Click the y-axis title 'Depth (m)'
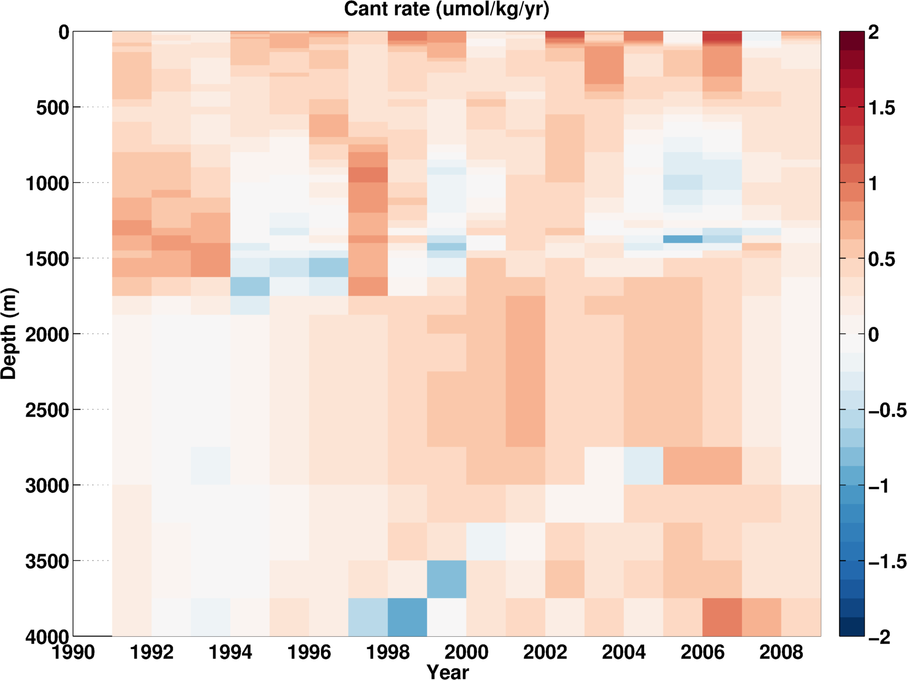[x=9, y=334]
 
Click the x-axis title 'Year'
[x=448, y=672]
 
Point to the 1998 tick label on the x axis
[x=387, y=652]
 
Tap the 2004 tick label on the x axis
[x=623, y=652]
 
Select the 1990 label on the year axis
[x=73, y=652]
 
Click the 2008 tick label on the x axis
[x=781, y=652]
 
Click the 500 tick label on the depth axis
[x=52, y=107]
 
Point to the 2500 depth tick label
[x=47, y=410]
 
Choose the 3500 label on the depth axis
[x=47, y=561]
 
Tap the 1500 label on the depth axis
[x=47, y=259]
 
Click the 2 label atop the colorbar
[x=873, y=33]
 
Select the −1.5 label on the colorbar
[x=887, y=561]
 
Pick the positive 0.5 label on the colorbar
[x=882, y=259]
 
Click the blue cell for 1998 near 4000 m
[x=407, y=617]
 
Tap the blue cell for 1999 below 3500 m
[x=447, y=579]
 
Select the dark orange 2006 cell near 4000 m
[x=722, y=617]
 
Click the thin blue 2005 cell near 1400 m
[x=682, y=239]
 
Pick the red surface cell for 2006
[x=722, y=37]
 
